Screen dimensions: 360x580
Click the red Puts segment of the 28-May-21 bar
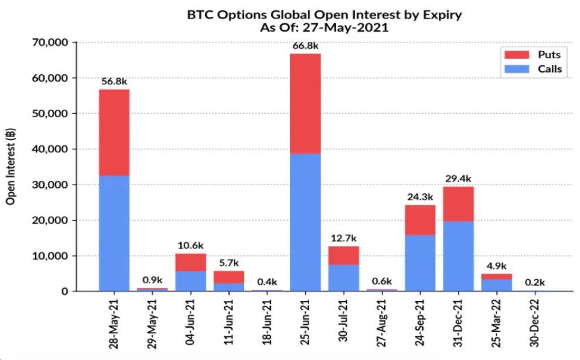114,132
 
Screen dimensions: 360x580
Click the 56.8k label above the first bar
114,82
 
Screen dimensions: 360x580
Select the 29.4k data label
458,179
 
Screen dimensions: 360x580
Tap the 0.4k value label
267,282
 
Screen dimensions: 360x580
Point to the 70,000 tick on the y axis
50,43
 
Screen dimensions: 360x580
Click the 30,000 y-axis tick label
50,185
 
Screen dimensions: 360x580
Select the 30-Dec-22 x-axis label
537,321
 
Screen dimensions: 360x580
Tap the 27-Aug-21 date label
383,321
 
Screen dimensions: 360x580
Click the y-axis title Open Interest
11,167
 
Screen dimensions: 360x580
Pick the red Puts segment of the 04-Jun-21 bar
191,262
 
